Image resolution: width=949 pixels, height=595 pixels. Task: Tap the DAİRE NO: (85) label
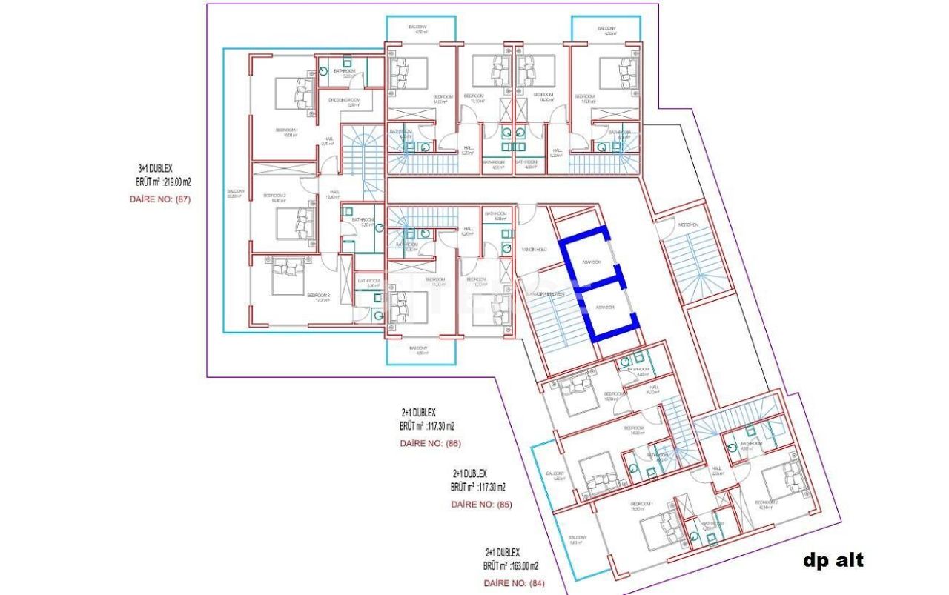[x=481, y=505]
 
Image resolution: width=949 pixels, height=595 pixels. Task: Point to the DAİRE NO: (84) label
[x=514, y=583]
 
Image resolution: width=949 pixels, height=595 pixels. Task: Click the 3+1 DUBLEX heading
[x=156, y=169]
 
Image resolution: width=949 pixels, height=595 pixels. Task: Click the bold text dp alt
[x=833, y=561]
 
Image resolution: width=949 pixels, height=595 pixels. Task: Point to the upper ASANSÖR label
[x=591, y=262]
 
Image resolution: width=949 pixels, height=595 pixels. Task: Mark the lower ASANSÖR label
[x=605, y=307]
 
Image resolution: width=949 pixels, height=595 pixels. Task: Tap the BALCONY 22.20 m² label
[x=235, y=193]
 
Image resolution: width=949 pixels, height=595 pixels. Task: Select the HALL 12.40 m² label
[x=334, y=194]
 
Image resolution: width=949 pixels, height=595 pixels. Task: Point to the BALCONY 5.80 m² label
[x=578, y=539]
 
